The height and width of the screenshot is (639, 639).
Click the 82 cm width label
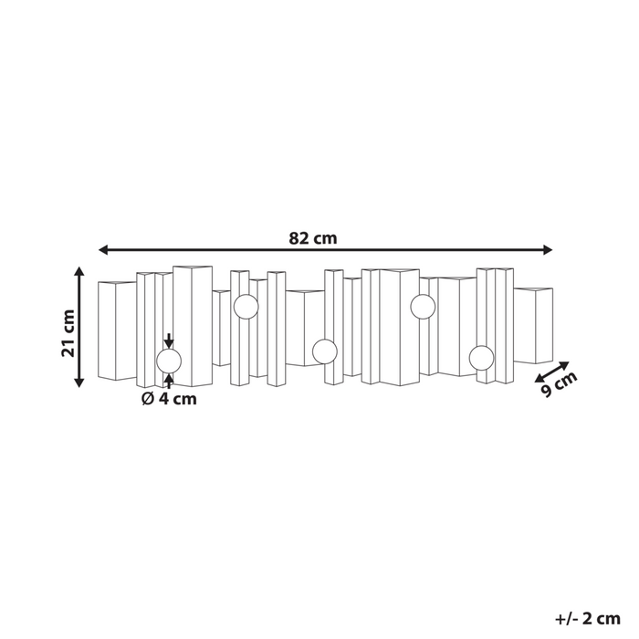tap(313, 238)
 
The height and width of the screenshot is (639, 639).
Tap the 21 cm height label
tap(68, 334)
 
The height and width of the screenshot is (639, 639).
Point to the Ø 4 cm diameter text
tap(169, 398)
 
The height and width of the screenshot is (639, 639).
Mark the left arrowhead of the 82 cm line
tap(103, 249)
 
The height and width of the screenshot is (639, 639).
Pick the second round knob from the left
tap(246, 308)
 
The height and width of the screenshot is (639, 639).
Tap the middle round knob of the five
tap(324, 351)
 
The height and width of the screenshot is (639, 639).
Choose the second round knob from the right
tap(422, 308)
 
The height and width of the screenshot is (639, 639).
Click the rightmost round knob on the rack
tap(481, 357)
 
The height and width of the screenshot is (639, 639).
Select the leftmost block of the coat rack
tap(117, 330)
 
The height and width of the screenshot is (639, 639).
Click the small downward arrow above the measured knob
tap(169, 340)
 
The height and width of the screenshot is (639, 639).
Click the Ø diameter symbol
tap(147, 398)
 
